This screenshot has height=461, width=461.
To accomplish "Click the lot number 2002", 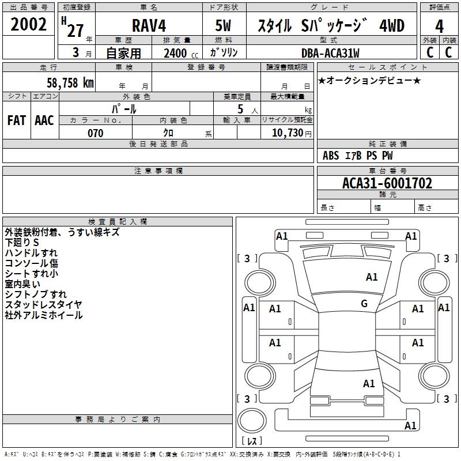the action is (x=28, y=24).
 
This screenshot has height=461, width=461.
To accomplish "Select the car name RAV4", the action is (x=149, y=25).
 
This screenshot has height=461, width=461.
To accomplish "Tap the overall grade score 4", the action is (x=439, y=27).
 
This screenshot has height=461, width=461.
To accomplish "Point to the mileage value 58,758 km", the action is (x=70, y=83).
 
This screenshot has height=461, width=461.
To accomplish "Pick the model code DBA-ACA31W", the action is (x=330, y=53).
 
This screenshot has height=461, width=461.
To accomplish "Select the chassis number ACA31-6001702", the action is (x=387, y=183).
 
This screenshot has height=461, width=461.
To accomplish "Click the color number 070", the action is (x=96, y=133).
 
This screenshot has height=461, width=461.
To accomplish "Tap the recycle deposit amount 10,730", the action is (x=287, y=133).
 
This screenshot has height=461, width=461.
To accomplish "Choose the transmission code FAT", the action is (x=17, y=120).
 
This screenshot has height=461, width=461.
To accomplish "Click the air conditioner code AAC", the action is (x=44, y=120).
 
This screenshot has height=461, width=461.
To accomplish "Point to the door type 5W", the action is (x=223, y=25).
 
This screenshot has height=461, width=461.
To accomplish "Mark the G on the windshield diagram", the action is (x=364, y=304).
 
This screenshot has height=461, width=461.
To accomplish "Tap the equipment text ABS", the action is (x=331, y=156).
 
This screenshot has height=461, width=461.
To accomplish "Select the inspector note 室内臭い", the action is (x=22, y=284).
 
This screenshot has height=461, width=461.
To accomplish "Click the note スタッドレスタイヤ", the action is (x=43, y=305).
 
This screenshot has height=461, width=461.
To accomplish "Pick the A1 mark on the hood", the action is (x=371, y=277).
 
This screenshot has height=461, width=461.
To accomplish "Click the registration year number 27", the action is (x=75, y=31).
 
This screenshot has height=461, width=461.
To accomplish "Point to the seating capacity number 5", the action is (x=240, y=109).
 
